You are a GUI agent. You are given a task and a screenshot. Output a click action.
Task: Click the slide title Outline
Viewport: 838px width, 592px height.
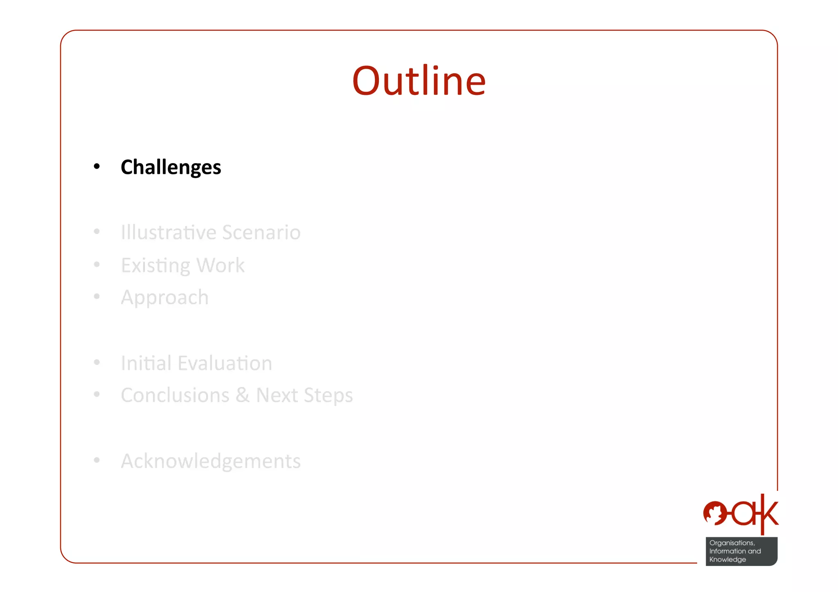(x=419, y=81)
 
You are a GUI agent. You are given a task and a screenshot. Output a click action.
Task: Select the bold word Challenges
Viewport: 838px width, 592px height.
(x=171, y=167)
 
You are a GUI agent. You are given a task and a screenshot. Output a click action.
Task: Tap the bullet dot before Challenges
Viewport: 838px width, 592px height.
(x=97, y=166)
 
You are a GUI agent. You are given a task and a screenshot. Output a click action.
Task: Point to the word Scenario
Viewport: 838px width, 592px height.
(x=261, y=232)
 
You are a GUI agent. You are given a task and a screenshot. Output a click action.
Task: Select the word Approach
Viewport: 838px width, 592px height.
(x=164, y=298)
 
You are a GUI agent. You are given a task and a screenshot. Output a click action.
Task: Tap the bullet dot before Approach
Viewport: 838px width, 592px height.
(x=97, y=296)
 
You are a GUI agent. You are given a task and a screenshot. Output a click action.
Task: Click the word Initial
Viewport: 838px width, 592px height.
(x=146, y=363)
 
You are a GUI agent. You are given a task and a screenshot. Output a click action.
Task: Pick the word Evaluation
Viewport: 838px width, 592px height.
(x=225, y=363)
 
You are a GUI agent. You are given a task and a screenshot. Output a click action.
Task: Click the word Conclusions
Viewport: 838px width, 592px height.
(x=175, y=395)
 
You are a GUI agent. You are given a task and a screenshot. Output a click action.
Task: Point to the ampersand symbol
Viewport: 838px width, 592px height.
(x=242, y=395)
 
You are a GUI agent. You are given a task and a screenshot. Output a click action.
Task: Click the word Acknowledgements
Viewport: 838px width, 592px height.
(x=211, y=461)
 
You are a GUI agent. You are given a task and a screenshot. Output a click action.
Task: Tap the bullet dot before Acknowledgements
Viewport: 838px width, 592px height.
(x=97, y=460)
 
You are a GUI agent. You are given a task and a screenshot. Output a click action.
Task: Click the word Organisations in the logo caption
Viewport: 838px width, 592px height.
(x=732, y=543)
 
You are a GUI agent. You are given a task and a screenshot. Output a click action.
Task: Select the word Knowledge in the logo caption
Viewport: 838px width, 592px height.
(x=728, y=559)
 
